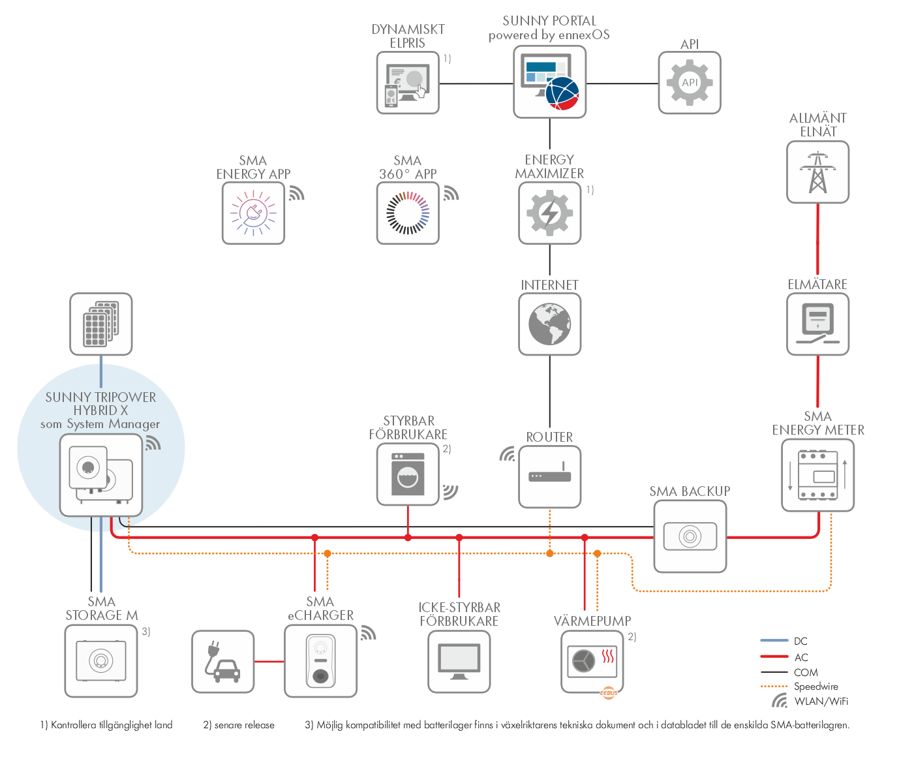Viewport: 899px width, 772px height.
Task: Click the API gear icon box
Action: click(x=690, y=83)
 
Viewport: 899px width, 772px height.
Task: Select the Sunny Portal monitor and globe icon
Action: click(x=549, y=82)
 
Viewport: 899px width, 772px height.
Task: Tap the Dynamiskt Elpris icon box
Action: click(x=408, y=83)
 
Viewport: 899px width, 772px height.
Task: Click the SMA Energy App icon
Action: click(x=253, y=213)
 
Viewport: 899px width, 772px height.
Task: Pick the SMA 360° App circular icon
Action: click(x=408, y=213)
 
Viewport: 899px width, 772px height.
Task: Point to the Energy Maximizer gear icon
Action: click(x=550, y=213)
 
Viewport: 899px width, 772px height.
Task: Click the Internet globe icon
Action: click(x=550, y=324)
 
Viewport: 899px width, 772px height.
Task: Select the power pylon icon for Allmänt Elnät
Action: click(x=817, y=172)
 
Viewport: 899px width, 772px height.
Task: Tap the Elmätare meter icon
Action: click(x=817, y=324)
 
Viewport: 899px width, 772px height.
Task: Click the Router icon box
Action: click(x=550, y=476)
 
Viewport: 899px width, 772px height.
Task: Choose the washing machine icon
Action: click(x=408, y=474)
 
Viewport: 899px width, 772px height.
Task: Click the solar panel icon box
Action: click(x=101, y=324)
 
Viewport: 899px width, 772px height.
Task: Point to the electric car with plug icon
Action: click(x=222, y=662)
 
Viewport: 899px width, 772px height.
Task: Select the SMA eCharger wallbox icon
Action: click(x=320, y=661)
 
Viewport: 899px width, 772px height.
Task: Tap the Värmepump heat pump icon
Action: click(x=592, y=662)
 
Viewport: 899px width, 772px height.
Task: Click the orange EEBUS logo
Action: click(x=609, y=692)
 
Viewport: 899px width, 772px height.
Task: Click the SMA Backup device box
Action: click(x=690, y=536)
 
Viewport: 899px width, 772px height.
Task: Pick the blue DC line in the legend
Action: click(x=774, y=641)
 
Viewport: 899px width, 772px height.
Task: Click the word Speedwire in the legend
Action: click(x=816, y=687)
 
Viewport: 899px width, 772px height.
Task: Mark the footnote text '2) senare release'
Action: click(x=239, y=725)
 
